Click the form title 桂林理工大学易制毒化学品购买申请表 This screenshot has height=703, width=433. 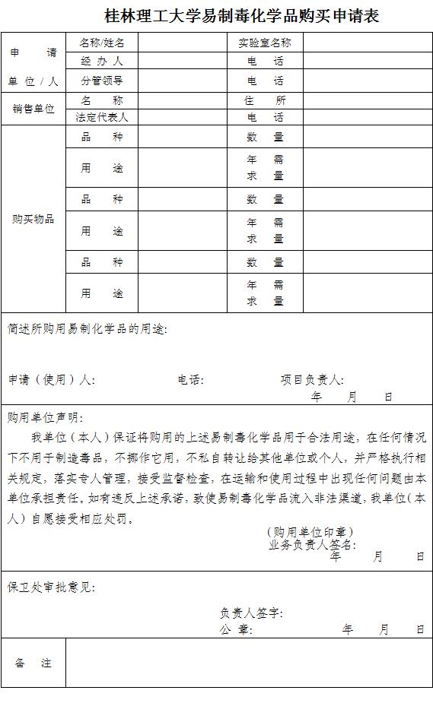pyautogui.click(x=241, y=15)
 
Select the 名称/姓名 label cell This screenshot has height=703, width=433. pyautogui.click(x=102, y=43)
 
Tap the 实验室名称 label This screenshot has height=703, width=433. pyautogui.click(x=265, y=43)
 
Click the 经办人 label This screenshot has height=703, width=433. pyautogui.click(x=102, y=62)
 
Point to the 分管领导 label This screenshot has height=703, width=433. pyautogui.click(x=102, y=81)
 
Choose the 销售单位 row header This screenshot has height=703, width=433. pyautogui.click(x=33, y=109)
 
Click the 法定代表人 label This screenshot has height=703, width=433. pyautogui.click(x=102, y=118)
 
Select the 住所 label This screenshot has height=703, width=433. pyautogui.click(x=265, y=100)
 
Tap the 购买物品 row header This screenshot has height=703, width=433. pyautogui.click(x=33, y=219)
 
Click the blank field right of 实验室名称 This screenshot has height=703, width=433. pyautogui.click(x=368, y=43)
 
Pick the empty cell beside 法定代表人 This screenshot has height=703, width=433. pyautogui.click(x=183, y=118)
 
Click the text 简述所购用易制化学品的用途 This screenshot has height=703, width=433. pyautogui.click(x=87, y=329)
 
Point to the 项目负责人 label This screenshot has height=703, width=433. pyautogui.click(x=312, y=379)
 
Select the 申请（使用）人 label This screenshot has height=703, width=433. pyautogui.click(x=51, y=379)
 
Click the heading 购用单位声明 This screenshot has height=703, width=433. pyautogui.click(x=46, y=417)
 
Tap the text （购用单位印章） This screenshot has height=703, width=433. pyautogui.click(x=310, y=532)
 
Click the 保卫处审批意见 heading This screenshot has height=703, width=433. pyautogui.click(x=52, y=587)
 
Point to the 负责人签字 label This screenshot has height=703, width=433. pyautogui.click(x=252, y=613)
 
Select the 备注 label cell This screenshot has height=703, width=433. pyautogui.click(x=33, y=663)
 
